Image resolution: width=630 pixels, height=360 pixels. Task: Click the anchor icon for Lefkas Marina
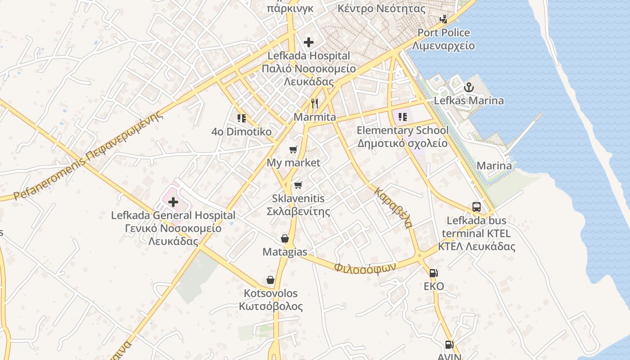point(469,87)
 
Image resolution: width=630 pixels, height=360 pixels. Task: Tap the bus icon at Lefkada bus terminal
point(477,207)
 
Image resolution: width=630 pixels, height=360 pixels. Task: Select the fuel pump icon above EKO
point(433,273)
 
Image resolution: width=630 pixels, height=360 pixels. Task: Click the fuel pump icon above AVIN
point(449,345)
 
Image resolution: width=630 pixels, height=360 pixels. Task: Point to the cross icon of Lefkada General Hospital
point(173,202)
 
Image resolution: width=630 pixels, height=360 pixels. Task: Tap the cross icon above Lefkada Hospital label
point(308,42)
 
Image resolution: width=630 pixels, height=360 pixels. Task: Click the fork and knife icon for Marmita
point(315,103)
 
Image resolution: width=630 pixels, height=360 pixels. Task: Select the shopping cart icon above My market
point(293,149)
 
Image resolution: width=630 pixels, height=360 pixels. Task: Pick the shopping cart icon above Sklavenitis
point(298,185)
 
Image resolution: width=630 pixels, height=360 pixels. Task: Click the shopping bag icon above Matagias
point(285,238)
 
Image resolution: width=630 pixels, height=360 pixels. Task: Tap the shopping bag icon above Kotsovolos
point(270,280)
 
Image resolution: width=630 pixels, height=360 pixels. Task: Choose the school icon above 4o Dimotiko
point(242,118)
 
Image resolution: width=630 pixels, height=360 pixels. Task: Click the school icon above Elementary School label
point(402,117)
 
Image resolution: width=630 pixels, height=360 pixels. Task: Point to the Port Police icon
point(443,19)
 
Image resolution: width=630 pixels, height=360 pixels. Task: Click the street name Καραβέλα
point(393,207)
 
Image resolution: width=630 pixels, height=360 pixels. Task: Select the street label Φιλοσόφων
point(365,267)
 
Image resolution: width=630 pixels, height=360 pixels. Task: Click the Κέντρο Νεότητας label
point(381,9)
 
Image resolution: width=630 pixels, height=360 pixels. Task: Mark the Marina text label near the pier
point(494,166)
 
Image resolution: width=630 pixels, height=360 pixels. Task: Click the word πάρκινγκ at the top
point(290,8)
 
